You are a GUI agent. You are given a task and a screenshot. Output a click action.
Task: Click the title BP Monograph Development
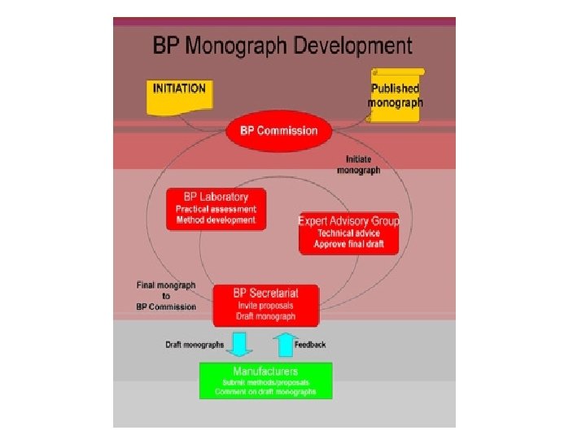click(283, 46)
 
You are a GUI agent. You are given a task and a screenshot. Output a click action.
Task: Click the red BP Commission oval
click(278, 131)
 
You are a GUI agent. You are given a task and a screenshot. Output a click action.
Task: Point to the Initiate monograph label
click(358, 165)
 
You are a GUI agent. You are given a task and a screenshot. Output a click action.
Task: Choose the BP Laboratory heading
click(216, 197)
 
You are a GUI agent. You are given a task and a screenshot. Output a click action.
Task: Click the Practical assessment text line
click(216, 209)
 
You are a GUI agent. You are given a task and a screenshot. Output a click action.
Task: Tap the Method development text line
click(216, 220)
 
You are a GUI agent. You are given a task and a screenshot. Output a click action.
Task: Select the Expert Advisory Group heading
click(348, 221)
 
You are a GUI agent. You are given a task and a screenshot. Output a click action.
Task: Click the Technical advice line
click(348, 233)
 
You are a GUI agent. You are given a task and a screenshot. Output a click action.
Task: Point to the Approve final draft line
click(348, 245)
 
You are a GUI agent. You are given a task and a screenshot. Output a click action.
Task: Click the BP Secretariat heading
click(266, 293)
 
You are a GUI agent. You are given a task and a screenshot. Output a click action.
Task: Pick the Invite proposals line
click(266, 305)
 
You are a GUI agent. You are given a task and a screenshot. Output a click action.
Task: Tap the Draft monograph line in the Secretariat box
click(266, 316)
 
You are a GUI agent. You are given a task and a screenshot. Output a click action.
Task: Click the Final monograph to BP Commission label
click(166, 296)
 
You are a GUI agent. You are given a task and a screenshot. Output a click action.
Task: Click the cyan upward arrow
click(283, 344)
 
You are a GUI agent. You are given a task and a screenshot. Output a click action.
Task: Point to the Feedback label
click(310, 345)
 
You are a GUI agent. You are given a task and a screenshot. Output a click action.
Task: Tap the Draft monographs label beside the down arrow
click(195, 345)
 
